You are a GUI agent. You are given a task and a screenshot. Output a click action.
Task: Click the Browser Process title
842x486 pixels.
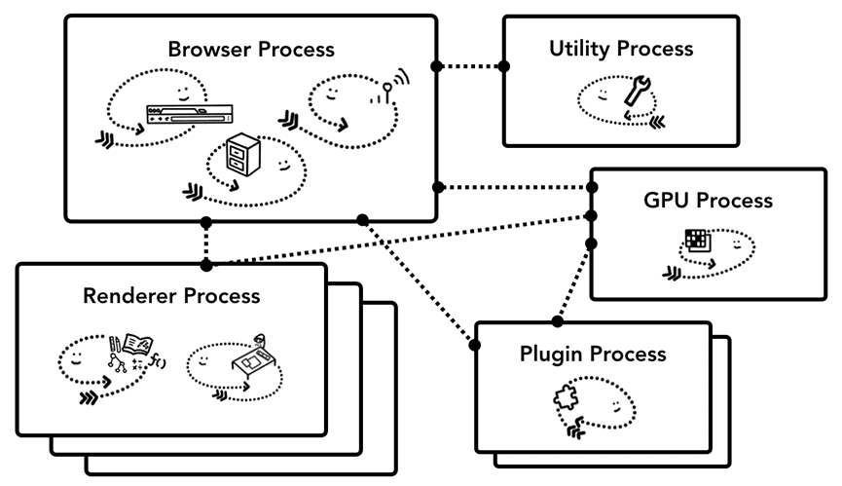[x=251, y=48]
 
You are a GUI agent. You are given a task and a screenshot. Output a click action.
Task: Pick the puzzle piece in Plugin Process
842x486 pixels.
[x=567, y=399]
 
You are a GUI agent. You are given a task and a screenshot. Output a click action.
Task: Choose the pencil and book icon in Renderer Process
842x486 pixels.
[x=133, y=348]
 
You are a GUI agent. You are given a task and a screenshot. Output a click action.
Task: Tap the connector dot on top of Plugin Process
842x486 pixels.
[x=558, y=320]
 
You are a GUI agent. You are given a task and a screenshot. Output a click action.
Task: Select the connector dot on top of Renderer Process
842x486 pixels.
[x=205, y=264]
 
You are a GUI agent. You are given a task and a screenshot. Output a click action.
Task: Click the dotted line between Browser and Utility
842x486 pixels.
[x=470, y=66]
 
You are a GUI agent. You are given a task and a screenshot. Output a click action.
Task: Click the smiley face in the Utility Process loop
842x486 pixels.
[x=604, y=93]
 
